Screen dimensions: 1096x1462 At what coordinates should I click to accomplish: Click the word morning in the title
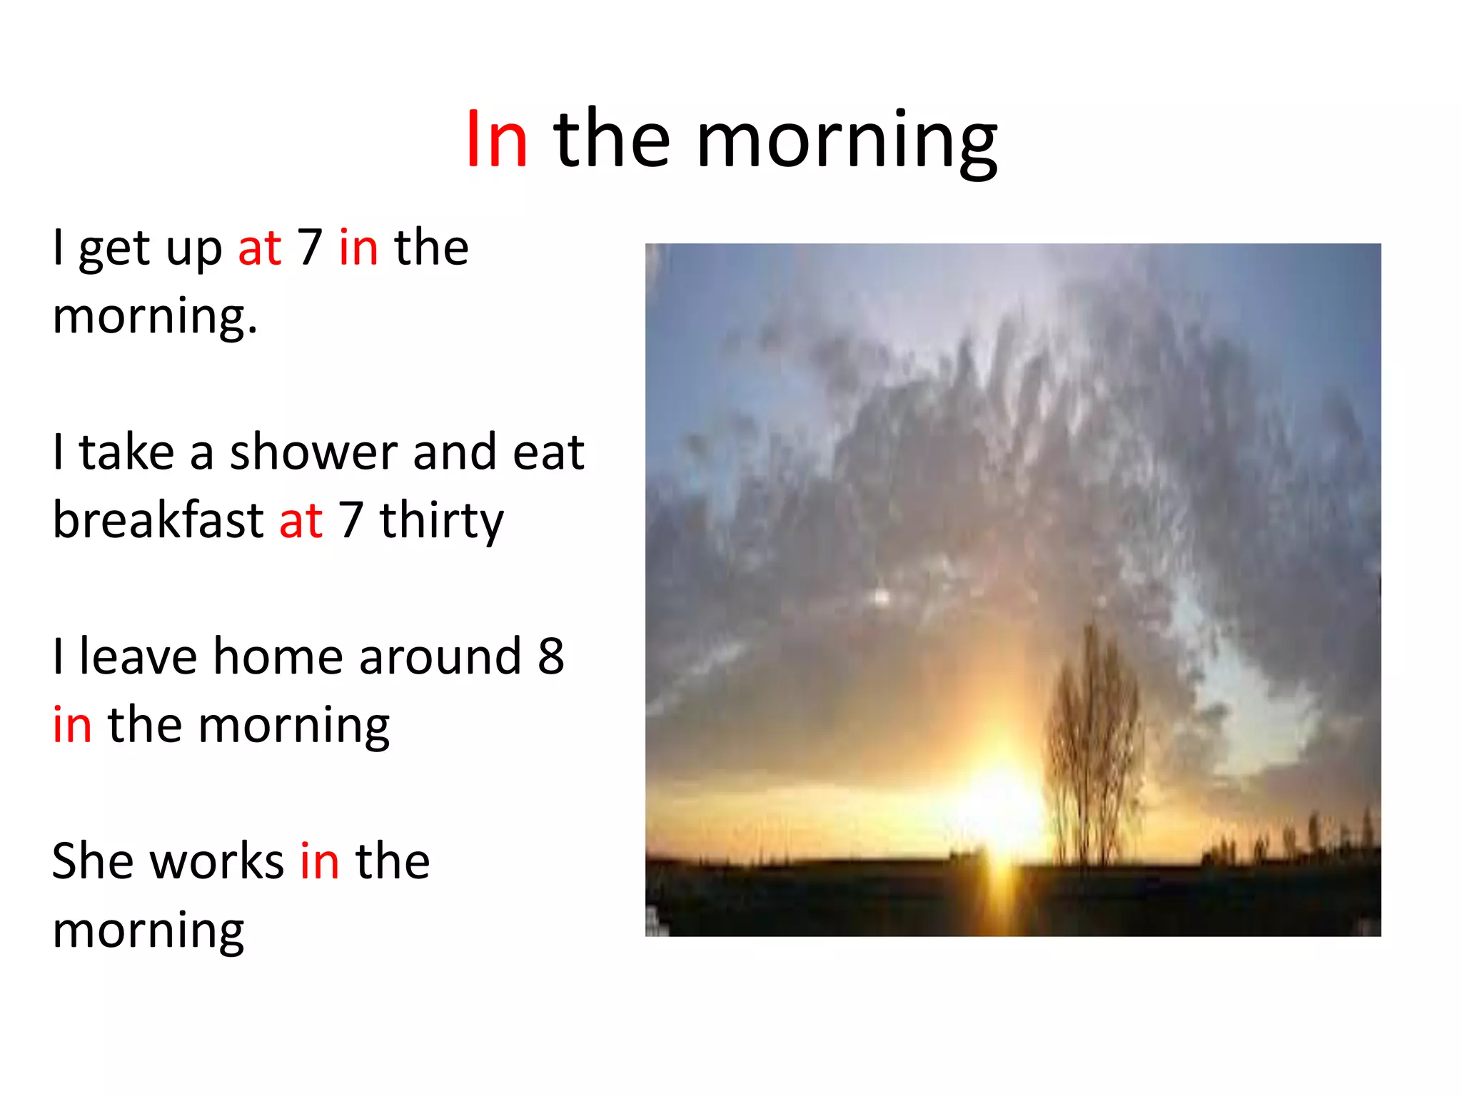coord(847,143)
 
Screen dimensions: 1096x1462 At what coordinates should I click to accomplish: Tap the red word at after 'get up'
coord(260,248)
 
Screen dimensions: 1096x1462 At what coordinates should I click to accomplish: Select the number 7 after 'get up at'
coord(310,247)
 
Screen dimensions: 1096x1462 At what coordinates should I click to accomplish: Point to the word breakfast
coord(158,519)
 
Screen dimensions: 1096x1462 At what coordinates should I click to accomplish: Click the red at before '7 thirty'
coord(301,521)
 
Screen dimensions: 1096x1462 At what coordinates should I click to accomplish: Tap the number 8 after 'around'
coord(550,656)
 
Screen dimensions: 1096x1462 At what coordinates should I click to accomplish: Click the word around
coord(440,656)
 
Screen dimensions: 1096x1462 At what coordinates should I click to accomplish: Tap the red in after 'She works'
coord(319,861)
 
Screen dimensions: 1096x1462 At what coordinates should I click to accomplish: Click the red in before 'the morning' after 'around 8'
coord(72,724)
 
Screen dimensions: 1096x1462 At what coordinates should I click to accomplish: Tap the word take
coord(126,453)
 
